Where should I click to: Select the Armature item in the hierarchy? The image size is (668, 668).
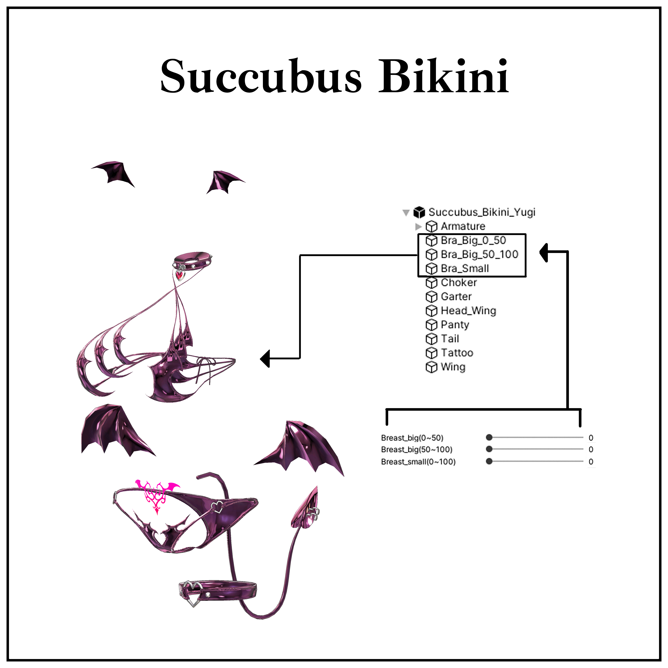click(x=463, y=227)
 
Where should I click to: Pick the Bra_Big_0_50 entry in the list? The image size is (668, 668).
click(x=473, y=240)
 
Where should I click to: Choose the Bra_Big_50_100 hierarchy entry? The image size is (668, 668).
click(x=479, y=254)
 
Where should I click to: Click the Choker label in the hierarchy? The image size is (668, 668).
click(x=458, y=283)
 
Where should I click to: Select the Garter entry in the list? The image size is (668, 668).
click(x=456, y=297)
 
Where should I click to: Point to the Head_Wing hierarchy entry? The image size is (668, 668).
click(x=468, y=311)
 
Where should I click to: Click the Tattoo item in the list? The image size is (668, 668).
click(x=457, y=353)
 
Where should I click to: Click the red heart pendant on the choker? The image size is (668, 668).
click(x=179, y=275)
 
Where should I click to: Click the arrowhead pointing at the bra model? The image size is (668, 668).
click(x=265, y=359)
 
